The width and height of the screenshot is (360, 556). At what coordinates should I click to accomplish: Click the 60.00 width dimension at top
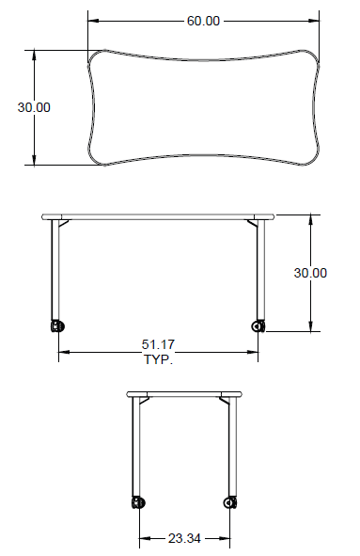point(203,21)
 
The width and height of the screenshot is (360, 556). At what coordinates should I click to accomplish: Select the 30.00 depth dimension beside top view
point(34,107)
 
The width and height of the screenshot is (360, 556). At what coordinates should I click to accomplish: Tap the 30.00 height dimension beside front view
point(310,273)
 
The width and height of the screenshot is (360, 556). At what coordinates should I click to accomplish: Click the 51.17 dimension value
point(158,344)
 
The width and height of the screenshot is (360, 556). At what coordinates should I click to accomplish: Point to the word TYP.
point(158,359)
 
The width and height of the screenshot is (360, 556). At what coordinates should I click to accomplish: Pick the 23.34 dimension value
point(184,539)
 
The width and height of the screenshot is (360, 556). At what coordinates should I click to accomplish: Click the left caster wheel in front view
point(56,326)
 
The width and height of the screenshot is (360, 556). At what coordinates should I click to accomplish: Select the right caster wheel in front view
point(258,326)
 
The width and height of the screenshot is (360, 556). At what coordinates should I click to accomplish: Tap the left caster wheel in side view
point(139,502)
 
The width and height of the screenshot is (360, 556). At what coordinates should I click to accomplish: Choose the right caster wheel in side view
point(229,502)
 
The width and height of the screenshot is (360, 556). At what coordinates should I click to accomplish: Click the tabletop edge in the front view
point(158,217)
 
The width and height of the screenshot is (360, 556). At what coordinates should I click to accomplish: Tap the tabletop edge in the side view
point(184,393)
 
